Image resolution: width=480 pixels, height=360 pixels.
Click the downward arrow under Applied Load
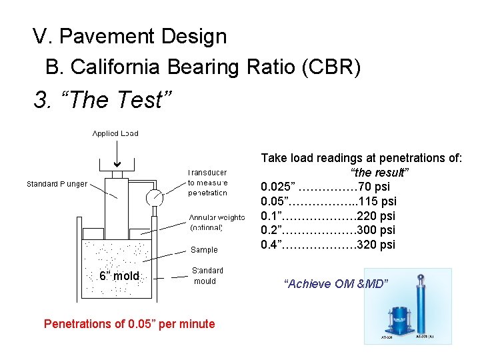[117, 157]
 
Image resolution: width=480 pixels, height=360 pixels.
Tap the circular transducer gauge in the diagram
[155, 197]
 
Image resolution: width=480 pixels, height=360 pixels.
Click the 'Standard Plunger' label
[57, 184]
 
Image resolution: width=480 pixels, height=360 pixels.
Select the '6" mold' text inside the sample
[119, 276]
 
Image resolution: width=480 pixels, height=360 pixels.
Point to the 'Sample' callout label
[204, 250]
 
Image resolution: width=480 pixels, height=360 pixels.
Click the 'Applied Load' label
[115, 133]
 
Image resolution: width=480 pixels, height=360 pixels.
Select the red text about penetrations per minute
[129, 324]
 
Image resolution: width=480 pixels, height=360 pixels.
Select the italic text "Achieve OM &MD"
[335, 284]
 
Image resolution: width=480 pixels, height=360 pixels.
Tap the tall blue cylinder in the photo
[421, 307]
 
